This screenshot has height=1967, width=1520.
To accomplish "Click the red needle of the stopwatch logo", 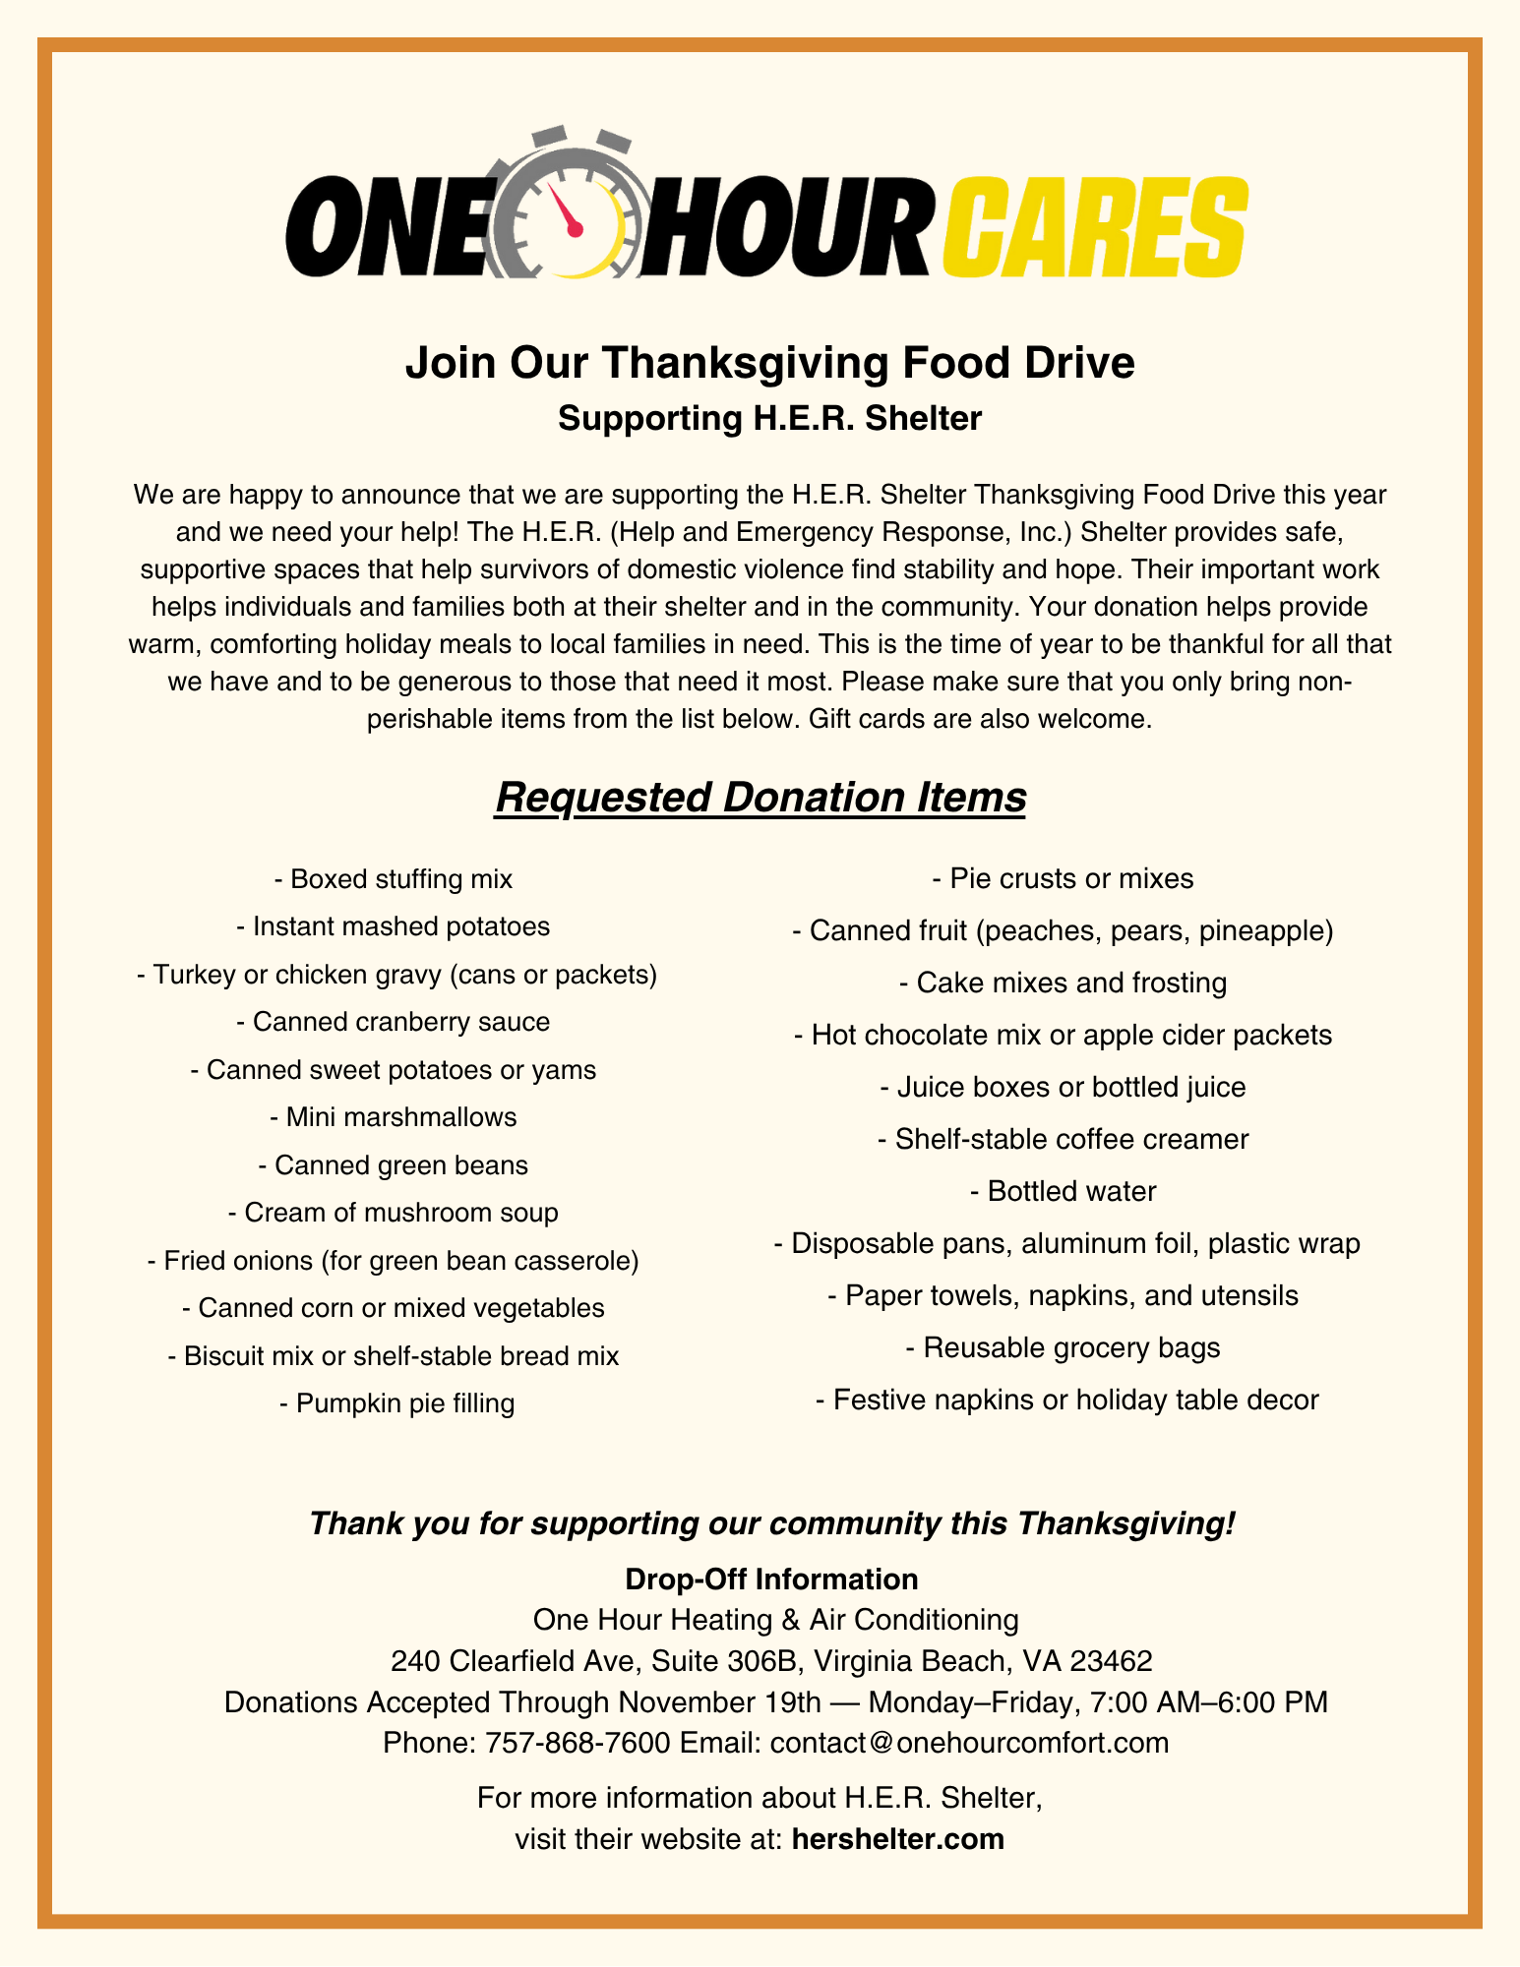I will [x=564, y=209].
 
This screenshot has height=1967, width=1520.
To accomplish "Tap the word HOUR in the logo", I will [x=782, y=228].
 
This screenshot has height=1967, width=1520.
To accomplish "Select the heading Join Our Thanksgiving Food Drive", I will [x=769, y=363].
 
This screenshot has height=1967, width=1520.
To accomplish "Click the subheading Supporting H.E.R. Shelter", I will [x=769, y=419].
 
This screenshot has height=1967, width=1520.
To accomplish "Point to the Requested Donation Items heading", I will [x=760, y=798].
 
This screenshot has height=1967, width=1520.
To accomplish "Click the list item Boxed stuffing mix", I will [x=394, y=878].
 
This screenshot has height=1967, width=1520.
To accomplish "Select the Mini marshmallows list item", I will [x=394, y=1117].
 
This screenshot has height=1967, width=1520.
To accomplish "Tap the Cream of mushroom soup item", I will [x=394, y=1213].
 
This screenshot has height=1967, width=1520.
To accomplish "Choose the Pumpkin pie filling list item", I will [x=396, y=1403].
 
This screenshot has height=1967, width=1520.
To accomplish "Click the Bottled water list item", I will [x=1064, y=1192].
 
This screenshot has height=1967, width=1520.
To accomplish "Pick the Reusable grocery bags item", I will [x=1064, y=1347].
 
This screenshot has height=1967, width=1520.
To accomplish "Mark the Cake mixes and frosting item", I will [x=1064, y=983].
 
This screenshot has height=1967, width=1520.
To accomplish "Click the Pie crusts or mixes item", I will [x=1064, y=878].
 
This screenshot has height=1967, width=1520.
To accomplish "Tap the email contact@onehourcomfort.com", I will [x=969, y=1743].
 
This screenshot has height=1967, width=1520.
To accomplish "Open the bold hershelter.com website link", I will [x=897, y=1839].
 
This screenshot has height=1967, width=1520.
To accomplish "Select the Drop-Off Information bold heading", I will [x=771, y=1580].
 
